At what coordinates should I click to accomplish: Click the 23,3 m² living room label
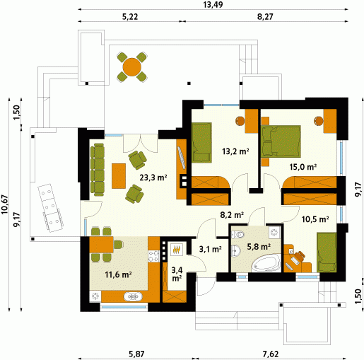[x=153, y=178]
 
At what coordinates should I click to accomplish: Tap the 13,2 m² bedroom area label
[x=235, y=151]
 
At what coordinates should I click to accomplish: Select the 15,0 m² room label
[x=303, y=167]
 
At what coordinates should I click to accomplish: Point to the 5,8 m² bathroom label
[x=259, y=247]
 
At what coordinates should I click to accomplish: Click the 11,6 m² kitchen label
[x=118, y=274]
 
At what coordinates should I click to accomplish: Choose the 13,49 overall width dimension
[x=213, y=4]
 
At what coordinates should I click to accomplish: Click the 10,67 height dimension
[x=4, y=204]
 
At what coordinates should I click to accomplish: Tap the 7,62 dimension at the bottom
[x=271, y=354]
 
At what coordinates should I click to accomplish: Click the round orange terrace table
[x=131, y=67]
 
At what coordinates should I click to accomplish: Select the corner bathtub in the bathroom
[x=266, y=263]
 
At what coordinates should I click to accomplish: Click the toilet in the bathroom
[x=238, y=235]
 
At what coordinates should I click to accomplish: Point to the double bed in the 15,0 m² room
[x=281, y=141]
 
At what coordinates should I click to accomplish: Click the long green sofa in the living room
[x=98, y=170]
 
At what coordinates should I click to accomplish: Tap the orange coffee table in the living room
[x=119, y=176]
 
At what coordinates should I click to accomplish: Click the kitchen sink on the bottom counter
[x=133, y=296]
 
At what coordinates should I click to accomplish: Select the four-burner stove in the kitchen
[x=154, y=257]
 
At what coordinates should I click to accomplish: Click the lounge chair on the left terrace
[x=50, y=209]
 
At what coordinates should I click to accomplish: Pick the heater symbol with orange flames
[x=177, y=250]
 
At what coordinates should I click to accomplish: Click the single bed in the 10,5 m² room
[x=327, y=252]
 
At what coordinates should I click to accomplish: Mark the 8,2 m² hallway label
[x=232, y=215]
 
